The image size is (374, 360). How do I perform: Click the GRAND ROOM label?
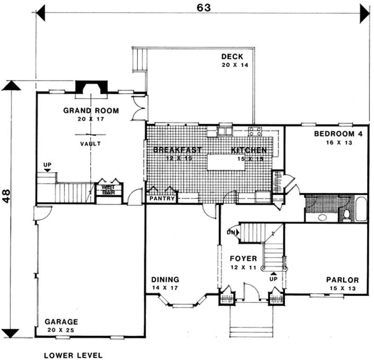[x=91, y=111]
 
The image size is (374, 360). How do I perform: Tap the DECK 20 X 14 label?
[x=232, y=57]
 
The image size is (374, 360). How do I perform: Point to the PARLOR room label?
[x=342, y=280]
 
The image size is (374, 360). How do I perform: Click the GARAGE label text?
[x=61, y=322]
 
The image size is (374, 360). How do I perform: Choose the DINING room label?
[x=165, y=280]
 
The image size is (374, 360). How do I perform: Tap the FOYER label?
[x=243, y=258]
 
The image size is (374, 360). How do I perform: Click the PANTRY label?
[x=162, y=199]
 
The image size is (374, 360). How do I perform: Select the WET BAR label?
[x=108, y=190]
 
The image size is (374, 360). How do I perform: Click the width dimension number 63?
[x=201, y=8]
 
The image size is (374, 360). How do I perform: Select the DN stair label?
[x=230, y=232]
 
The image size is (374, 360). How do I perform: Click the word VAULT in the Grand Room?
[x=90, y=144]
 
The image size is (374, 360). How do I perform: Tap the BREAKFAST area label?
[x=177, y=150]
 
